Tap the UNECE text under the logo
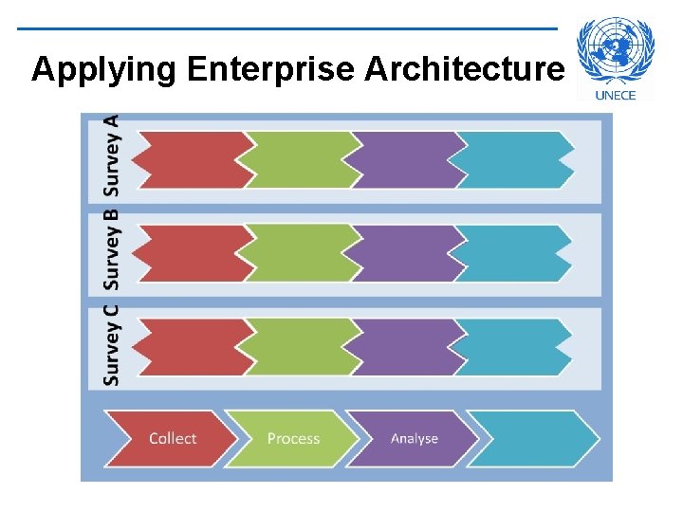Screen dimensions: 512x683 pos(615,95)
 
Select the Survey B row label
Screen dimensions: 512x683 pos(112,248)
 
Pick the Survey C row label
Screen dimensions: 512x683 pos(112,343)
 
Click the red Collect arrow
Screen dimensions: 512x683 pos(171,438)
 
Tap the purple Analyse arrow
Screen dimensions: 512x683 pos(414,438)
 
